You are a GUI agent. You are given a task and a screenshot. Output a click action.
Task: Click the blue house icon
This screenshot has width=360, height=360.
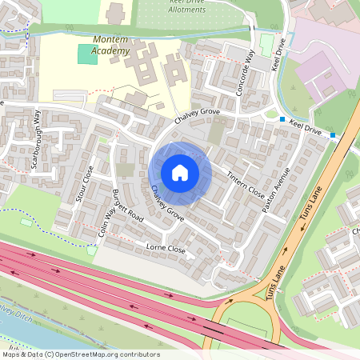180,173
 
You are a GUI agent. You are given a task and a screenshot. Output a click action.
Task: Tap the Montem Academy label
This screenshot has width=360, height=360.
110,45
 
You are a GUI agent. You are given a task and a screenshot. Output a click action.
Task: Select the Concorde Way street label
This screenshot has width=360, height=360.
245,73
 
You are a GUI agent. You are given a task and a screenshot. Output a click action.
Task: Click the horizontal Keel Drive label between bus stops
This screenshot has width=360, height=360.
308,127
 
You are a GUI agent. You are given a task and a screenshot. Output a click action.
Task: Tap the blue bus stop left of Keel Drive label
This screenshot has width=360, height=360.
282,120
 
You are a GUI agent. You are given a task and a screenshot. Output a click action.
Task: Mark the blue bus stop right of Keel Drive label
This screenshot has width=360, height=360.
333,136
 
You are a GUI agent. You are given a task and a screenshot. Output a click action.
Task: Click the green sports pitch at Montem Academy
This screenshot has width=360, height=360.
86,55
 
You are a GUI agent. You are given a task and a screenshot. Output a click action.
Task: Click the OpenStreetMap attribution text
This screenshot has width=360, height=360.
80,354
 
